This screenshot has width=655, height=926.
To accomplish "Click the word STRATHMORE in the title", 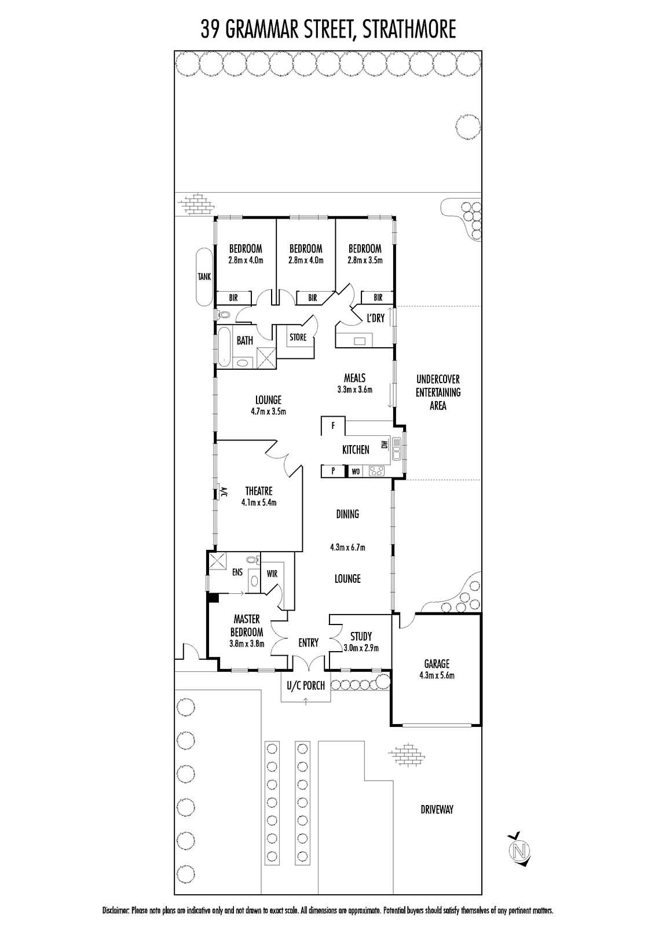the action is click(x=408, y=30).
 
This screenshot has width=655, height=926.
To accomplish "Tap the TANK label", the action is click(x=204, y=277).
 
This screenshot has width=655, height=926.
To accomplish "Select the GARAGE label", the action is click(x=437, y=663).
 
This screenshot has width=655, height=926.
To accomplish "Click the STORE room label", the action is click(x=298, y=337).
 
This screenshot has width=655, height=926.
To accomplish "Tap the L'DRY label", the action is click(x=376, y=318).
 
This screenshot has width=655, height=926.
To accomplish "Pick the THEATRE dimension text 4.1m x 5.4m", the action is click(x=259, y=503).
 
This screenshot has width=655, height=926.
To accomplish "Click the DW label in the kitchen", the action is click(x=383, y=445).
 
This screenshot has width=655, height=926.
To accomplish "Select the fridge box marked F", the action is click(x=333, y=425).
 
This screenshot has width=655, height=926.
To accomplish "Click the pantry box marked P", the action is click(x=333, y=471).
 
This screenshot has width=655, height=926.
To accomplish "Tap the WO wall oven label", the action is click(x=356, y=471).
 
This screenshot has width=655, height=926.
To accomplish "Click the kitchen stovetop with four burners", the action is click(x=376, y=471).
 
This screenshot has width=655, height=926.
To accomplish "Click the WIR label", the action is click(x=272, y=574).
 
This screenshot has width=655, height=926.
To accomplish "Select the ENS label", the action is click(x=237, y=572).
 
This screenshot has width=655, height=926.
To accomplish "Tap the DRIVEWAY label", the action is click(x=437, y=810).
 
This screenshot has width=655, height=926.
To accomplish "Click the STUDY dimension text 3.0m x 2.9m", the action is click(x=361, y=648).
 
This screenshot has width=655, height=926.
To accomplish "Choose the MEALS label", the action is click(x=354, y=378).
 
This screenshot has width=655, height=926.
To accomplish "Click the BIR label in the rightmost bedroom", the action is click(x=378, y=297).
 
